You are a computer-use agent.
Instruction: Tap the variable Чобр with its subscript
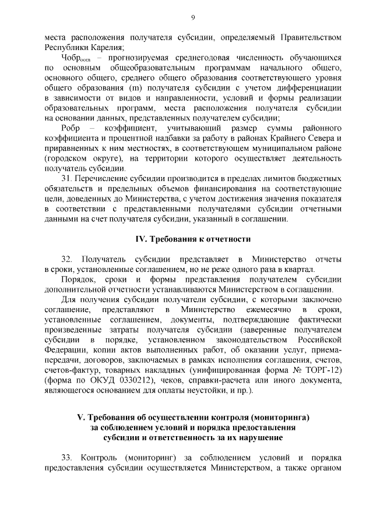click(x=75, y=59)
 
